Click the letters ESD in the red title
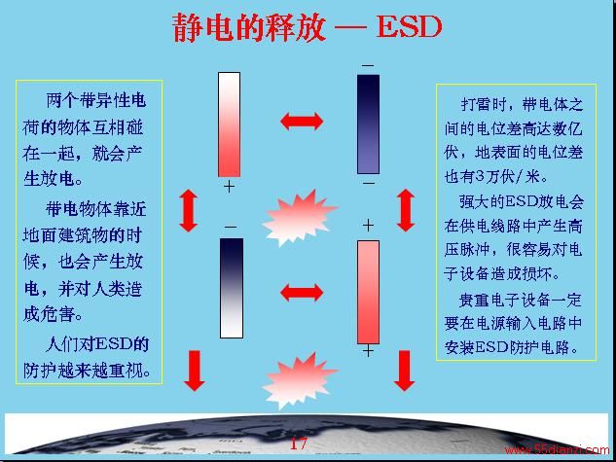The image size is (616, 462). click(x=410, y=27)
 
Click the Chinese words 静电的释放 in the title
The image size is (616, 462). click(x=249, y=27)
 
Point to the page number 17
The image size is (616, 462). click(x=298, y=444)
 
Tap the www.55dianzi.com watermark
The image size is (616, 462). click(x=557, y=449)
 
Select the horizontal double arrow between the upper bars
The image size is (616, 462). click(x=302, y=121)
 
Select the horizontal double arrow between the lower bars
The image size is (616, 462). click(x=302, y=293)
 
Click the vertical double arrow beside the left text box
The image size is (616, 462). click(x=189, y=210)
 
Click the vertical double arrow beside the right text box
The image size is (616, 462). click(x=406, y=210)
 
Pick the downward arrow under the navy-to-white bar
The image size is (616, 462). click(x=194, y=371)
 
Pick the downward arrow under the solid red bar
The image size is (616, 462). click(x=405, y=371)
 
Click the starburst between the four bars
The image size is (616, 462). click(x=299, y=218)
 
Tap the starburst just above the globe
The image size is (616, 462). click(x=300, y=380)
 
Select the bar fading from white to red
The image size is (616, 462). click(x=229, y=124)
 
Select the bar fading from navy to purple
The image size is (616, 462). click(x=368, y=124)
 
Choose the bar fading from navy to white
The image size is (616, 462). click(x=232, y=288)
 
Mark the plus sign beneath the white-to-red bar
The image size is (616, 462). click(x=229, y=187)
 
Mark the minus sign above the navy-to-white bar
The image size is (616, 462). click(x=231, y=228)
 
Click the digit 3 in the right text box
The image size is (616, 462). click(x=480, y=176)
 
